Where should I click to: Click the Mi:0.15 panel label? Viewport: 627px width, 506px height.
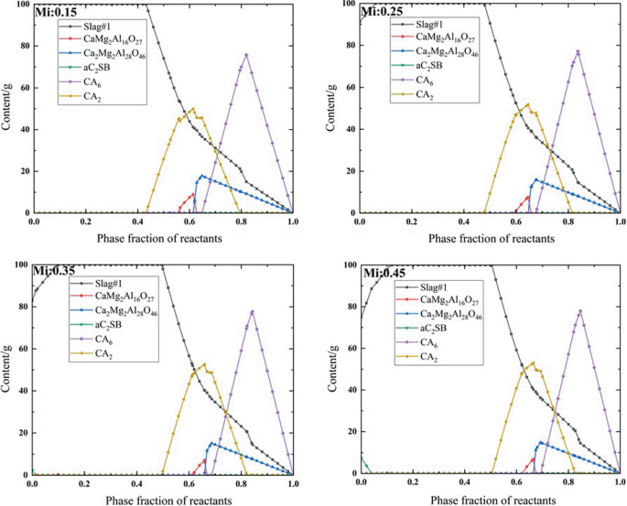56,12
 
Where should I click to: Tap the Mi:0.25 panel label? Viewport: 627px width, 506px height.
383,12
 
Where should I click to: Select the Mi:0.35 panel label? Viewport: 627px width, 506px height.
56,274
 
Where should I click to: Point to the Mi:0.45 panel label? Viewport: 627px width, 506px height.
383,274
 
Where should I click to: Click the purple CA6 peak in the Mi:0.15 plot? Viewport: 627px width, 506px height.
246,54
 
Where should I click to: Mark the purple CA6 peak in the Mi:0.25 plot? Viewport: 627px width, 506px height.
578,51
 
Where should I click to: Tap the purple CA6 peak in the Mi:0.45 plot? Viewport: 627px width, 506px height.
579,310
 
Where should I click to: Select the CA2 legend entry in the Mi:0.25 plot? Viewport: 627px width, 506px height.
424,94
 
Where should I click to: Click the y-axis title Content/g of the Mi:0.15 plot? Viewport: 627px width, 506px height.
8,108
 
